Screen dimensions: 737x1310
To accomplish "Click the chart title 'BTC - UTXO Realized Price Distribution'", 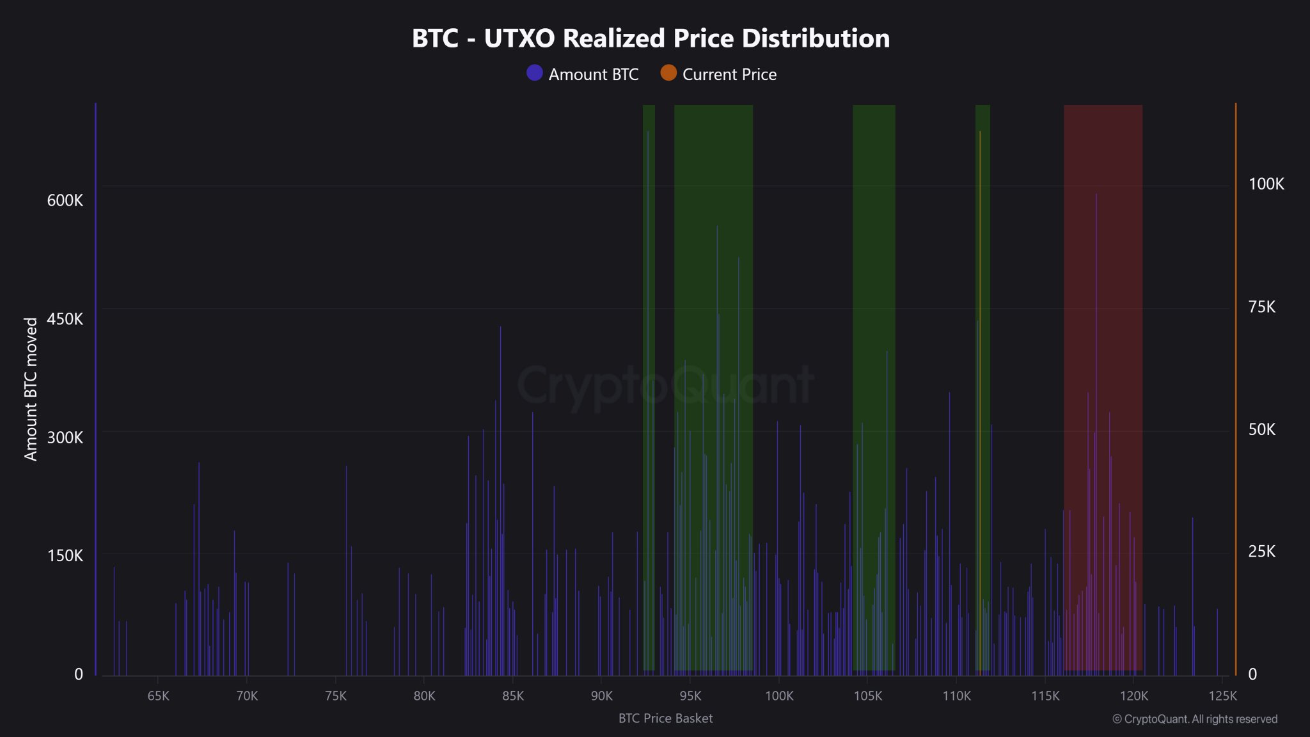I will coord(651,38).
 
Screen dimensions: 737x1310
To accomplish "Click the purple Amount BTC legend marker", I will coord(534,73).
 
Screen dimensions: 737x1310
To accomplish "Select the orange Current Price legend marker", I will coord(668,73).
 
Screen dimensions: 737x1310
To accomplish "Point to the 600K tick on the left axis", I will coord(65,200).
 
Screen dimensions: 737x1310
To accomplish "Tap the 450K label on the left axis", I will coord(65,319).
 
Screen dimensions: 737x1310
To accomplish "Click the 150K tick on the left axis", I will coord(65,555).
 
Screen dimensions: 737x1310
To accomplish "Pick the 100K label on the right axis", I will coord(1266,184).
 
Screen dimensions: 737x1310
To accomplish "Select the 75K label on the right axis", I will coord(1261,307).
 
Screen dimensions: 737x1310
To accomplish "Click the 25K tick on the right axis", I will coord(1261,551).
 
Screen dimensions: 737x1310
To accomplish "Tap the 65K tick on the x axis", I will coord(158,696).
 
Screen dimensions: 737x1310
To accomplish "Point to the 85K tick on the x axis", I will coord(513,696).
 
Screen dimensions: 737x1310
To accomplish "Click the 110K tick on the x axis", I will coord(956,696).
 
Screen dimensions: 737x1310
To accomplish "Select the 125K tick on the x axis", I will coord(1222,696).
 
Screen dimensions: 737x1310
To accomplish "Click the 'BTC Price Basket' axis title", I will coord(665,718).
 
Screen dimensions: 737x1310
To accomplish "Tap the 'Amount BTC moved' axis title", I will coord(31,389).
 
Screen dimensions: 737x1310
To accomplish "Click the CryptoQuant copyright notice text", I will coord(1194,719).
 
